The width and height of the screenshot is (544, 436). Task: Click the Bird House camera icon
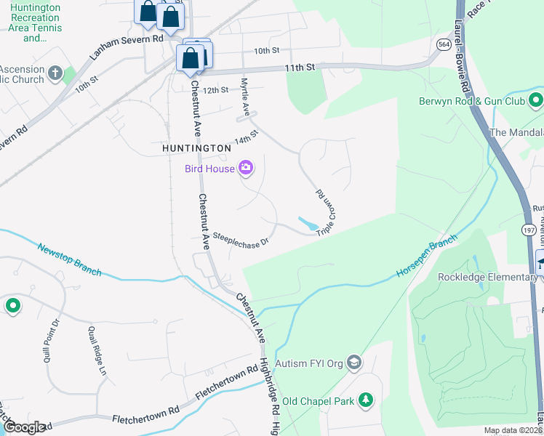point(245,169)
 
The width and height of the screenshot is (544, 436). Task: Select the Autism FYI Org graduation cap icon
point(353,362)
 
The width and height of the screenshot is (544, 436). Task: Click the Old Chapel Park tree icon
point(367,400)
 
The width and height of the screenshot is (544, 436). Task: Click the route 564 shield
point(443,44)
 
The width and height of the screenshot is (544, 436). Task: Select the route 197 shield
point(529,230)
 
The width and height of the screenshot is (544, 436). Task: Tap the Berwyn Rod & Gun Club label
point(471,102)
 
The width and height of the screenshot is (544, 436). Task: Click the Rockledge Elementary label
point(487,276)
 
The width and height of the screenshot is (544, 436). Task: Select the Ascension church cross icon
point(55,73)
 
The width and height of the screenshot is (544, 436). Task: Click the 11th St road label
point(300,67)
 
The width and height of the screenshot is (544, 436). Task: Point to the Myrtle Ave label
point(246,97)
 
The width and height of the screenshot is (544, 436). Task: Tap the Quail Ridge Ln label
point(97,351)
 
